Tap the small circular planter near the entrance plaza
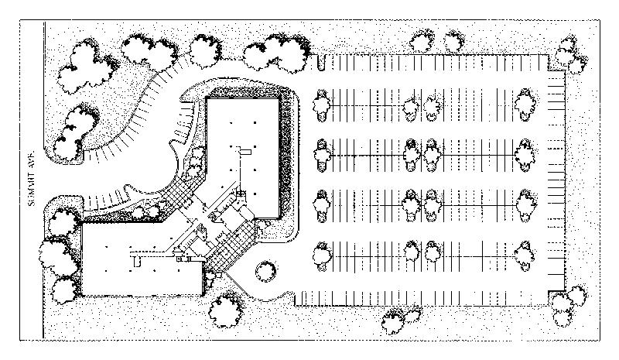coord(265,270)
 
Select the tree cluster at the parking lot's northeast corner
coord(567,53)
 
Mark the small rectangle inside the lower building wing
coord(137,261)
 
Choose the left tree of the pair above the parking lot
coord(422,40)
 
